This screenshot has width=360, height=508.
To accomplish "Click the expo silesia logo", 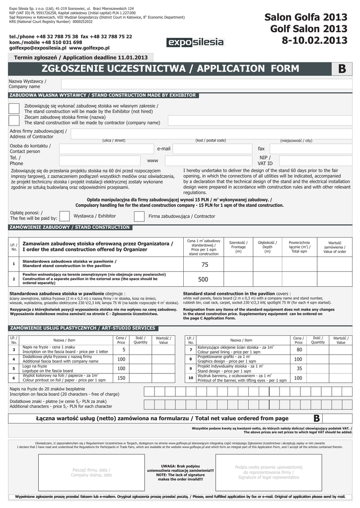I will point(195,43).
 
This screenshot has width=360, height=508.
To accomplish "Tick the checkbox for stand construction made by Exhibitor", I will point(14,108).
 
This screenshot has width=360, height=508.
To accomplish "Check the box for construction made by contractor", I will point(14,120).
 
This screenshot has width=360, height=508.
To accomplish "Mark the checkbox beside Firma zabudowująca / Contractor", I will point(139,216).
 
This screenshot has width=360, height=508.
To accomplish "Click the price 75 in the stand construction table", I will point(205,265).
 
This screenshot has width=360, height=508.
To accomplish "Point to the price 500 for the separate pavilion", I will point(203,280).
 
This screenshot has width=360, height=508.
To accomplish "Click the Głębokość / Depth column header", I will point(267,247).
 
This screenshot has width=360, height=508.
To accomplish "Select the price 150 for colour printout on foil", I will point(121,378).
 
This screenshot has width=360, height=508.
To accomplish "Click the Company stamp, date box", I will point(91,472).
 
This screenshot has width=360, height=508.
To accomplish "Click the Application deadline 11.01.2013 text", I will point(81,58).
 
